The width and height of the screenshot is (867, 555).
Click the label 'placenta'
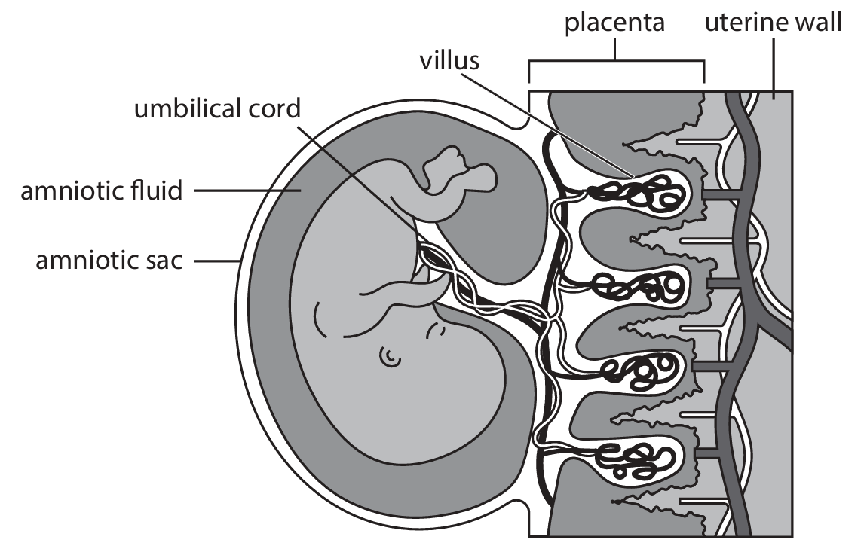pos(615,23)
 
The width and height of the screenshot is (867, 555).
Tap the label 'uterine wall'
pos(773,23)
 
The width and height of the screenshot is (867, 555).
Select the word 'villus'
pos(449,60)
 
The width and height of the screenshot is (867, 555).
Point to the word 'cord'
pos(274,109)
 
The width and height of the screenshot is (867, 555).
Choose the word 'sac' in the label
pos(166,263)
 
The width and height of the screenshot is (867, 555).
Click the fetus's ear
pos(390,355)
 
